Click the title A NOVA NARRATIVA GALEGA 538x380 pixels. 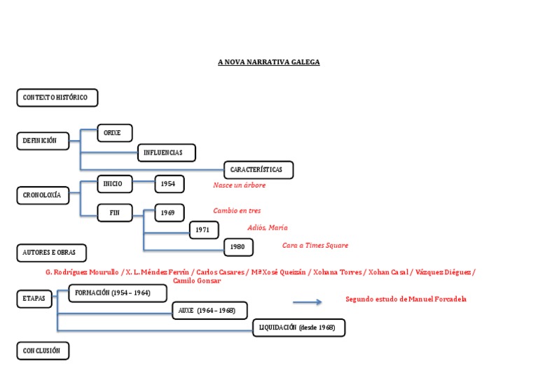click(268, 62)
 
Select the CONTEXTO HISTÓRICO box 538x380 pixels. click(57, 98)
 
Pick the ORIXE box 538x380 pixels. click(114, 133)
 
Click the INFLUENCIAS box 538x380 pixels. click(166, 153)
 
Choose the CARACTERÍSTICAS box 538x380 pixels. click(258, 169)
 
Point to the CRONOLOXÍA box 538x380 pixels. click(43, 196)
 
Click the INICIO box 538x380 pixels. click(114, 184)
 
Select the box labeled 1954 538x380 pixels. click(170, 184)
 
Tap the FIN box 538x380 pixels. click(114, 213)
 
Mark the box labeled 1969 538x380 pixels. click(170, 213)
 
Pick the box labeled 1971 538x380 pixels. click(204, 230)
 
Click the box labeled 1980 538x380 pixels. click(238, 247)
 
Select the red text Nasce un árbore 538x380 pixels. click(240, 185)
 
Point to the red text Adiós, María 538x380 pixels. click(267, 227)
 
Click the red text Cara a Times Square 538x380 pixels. click(315, 246)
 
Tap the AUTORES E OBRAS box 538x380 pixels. click(51, 252)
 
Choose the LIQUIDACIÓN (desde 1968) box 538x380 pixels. click(299, 328)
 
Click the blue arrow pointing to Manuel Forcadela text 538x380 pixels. click(307, 302)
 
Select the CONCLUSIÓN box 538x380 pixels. click(43, 351)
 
